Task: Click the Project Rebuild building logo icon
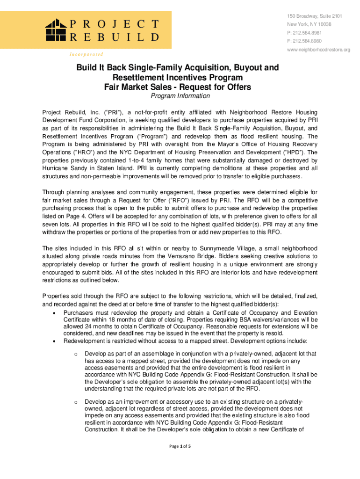tap(57, 30)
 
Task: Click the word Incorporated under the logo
tap(86, 54)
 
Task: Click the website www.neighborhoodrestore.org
tap(318, 50)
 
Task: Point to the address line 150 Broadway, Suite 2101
tap(315, 16)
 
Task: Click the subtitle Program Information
tap(180, 96)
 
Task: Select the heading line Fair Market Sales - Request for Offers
tap(178, 87)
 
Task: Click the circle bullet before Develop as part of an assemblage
tap(75, 354)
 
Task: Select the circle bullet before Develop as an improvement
tap(75, 402)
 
